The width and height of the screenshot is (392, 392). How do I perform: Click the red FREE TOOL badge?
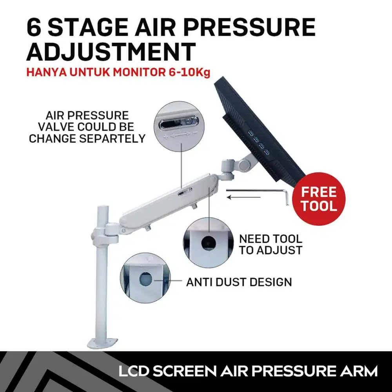(318, 199)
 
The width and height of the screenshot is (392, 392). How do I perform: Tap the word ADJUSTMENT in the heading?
(111, 52)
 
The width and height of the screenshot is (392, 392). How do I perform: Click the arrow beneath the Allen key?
(244, 198)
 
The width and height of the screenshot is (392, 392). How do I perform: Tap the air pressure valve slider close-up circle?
(179, 126)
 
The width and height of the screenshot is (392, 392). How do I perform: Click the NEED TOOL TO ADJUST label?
(271, 245)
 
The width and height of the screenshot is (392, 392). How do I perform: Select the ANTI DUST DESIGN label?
(239, 282)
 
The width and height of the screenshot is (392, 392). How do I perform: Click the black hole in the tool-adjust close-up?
(209, 243)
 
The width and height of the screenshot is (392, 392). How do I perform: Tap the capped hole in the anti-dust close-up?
(145, 279)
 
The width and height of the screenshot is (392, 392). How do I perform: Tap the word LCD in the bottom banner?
(134, 371)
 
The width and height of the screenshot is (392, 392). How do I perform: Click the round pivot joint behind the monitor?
(244, 164)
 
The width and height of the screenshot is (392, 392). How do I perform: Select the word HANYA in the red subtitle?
(47, 73)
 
